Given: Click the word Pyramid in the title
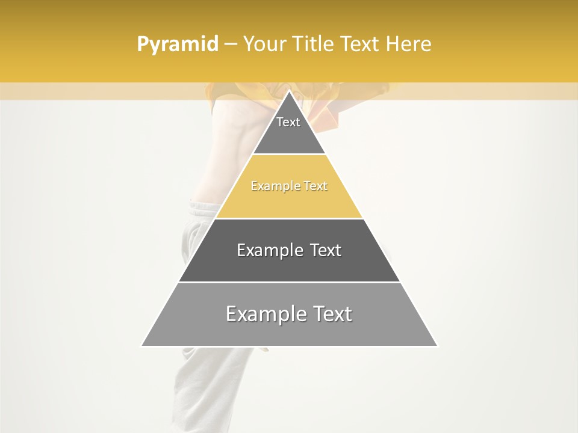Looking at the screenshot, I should click(177, 45).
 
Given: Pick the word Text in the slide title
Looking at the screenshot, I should click(362, 45).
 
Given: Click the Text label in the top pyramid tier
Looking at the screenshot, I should click(288, 122).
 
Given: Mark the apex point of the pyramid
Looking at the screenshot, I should click(289, 91).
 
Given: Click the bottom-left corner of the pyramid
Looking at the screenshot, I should click(142, 346).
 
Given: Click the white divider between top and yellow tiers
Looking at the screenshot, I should click(289, 155).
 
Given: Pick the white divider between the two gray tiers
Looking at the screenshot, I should click(289, 282).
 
